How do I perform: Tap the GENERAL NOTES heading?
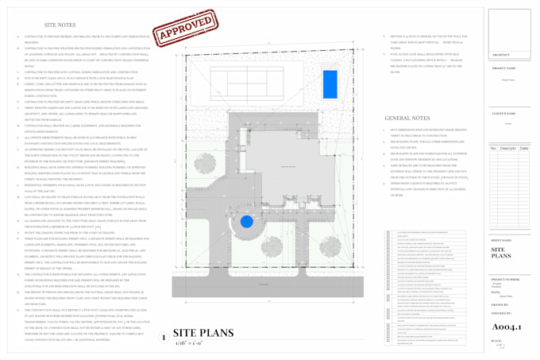click(407, 118)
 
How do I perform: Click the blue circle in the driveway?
click(246, 222)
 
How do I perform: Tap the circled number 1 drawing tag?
click(163, 338)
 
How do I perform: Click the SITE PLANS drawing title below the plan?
click(202, 333)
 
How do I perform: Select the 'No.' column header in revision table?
click(493, 148)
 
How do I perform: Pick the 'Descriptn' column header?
click(507, 148)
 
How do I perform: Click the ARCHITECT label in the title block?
click(502, 55)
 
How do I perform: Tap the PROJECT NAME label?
click(503, 68)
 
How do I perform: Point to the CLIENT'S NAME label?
click(503, 114)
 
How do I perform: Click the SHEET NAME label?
click(502, 239)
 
